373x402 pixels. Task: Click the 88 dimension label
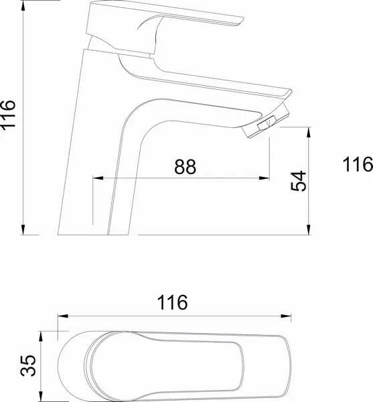[185, 167]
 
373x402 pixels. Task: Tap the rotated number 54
[299, 181]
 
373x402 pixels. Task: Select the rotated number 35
[28, 366]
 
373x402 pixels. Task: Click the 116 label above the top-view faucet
[172, 302]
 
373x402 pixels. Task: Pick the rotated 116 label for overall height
[7, 115]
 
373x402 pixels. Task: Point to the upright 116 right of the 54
[358, 164]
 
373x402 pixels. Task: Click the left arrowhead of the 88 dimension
[98, 178]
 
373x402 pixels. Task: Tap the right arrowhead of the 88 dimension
[264, 178]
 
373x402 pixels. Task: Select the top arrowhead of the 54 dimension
[309, 132]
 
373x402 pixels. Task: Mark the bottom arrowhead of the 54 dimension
[309, 229]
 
